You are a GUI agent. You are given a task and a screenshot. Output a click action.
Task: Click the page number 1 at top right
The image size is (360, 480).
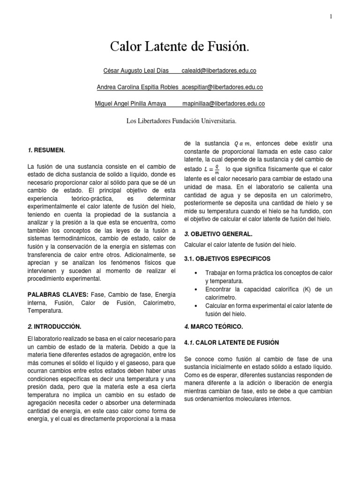330,17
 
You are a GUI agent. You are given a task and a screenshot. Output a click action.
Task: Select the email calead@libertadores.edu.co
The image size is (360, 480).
219,71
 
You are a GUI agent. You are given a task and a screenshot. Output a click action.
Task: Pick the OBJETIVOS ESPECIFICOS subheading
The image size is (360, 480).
227,258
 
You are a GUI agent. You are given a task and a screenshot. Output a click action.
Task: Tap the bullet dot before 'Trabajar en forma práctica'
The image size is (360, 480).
195,273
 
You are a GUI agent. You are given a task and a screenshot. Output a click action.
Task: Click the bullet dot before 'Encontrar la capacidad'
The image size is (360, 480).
195,289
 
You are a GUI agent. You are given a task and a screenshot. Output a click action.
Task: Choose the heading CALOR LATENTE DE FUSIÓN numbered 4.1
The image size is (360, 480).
231,342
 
